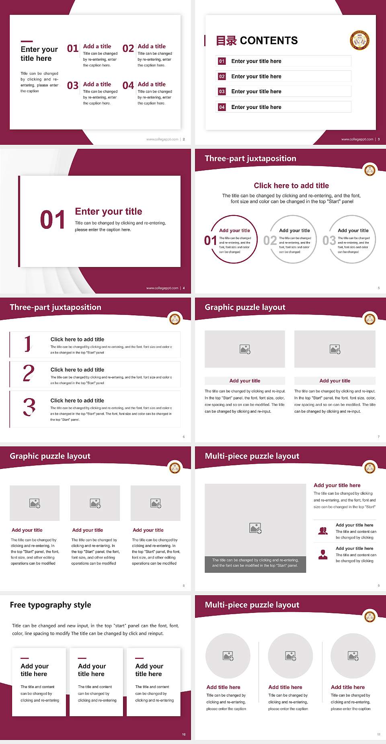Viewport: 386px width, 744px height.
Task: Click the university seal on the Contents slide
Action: (x=360, y=40)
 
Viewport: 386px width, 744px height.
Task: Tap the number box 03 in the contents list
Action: (x=222, y=92)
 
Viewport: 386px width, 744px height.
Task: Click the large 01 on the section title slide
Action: (x=52, y=220)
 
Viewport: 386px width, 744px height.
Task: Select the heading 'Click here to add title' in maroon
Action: (x=291, y=185)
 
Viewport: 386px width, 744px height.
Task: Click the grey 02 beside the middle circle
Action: (x=270, y=240)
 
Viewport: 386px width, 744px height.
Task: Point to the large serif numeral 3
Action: (x=29, y=407)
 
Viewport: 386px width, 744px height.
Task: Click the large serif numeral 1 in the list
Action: (x=27, y=344)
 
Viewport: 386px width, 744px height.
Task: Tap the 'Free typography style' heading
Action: (x=50, y=605)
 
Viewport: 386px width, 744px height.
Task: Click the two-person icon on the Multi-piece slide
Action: (x=323, y=531)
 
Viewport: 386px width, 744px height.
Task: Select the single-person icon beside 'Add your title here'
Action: (x=323, y=555)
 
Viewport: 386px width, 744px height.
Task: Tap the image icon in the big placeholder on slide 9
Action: (x=255, y=528)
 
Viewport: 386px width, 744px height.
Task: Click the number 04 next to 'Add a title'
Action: (x=128, y=86)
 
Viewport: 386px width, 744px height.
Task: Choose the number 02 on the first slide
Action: (x=128, y=49)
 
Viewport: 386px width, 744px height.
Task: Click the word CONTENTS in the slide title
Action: (x=269, y=41)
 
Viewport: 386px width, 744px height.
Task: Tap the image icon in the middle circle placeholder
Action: (x=291, y=656)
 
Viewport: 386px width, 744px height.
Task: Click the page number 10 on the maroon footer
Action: (x=184, y=734)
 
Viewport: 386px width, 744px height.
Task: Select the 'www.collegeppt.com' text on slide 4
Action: (x=162, y=288)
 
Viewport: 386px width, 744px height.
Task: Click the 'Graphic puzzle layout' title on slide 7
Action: (x=245, y=307)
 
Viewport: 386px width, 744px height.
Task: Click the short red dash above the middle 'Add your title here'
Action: (x=82, y=658)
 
